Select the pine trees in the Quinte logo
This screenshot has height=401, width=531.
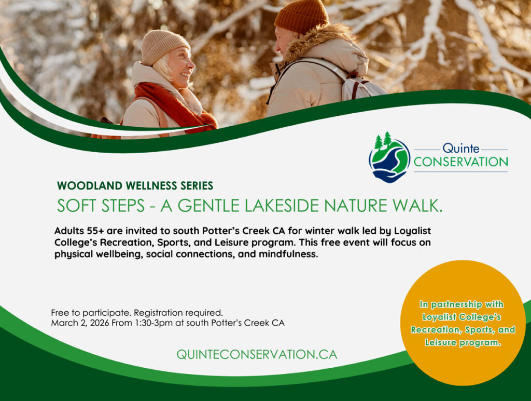[x=383, y=140]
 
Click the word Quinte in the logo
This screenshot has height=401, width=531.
[x=460, y=148]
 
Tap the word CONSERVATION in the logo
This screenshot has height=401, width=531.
[x=460, y=162]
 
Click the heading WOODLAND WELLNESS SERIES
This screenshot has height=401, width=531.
[x=135, y=185]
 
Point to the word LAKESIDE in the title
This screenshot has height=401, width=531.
[x=282, y=206]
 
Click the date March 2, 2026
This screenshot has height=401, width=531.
[x=80, y=323]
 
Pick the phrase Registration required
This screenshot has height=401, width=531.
[x=178, y=313]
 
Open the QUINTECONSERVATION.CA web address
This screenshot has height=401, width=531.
[x=257, y=355]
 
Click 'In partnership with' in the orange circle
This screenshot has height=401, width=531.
[x=461, y=304]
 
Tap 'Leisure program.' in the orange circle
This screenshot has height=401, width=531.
[x=463, y=342]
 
